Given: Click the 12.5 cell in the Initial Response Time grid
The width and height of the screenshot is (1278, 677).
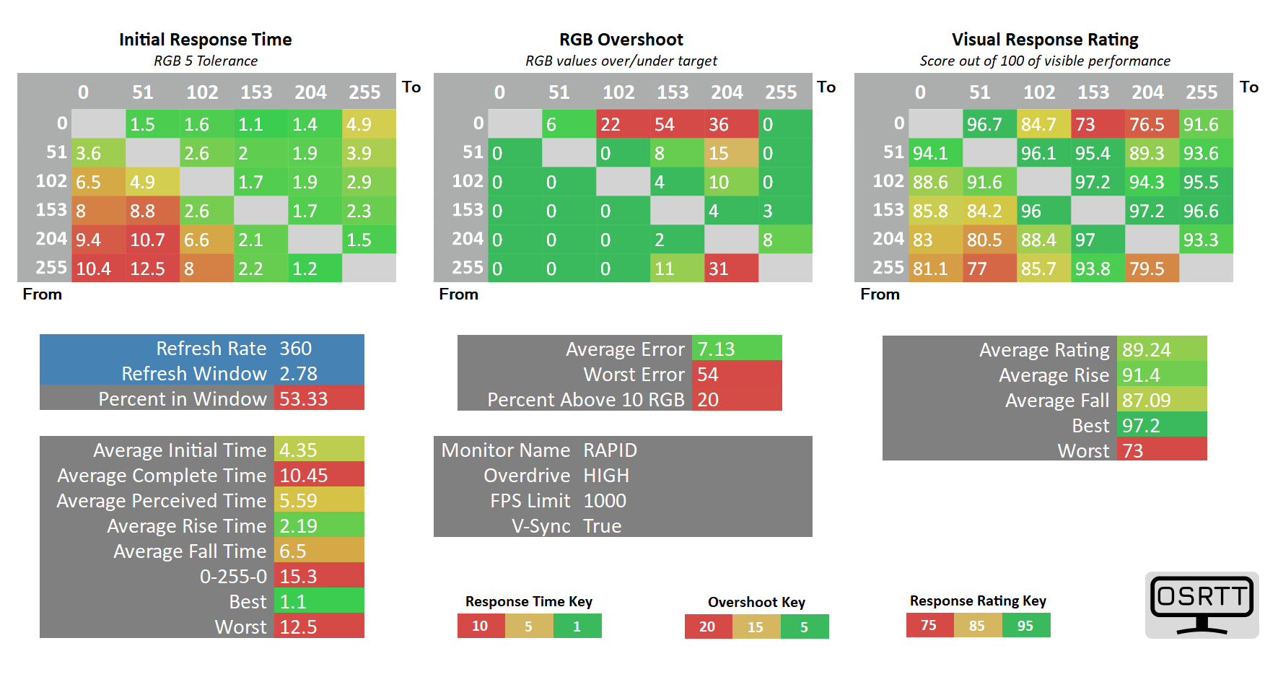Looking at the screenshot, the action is [152, 268].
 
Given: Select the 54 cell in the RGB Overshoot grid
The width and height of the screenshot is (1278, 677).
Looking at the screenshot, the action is [677, 123].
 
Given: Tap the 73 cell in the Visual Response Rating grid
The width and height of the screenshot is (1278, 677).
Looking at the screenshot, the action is [1098, 123].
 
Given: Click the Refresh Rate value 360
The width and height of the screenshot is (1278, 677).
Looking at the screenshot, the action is [296, 348].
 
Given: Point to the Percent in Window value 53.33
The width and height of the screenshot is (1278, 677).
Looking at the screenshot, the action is [304, 398].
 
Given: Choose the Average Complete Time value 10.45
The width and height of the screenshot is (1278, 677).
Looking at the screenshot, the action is [304, 475].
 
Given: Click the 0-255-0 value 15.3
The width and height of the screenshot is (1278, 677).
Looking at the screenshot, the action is [298, 576].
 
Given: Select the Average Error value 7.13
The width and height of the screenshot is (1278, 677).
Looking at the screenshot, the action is [716, 349].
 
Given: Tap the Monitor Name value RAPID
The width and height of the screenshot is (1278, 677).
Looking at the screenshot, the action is [610, 450].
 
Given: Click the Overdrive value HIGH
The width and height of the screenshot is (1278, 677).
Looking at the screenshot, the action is [606, 475].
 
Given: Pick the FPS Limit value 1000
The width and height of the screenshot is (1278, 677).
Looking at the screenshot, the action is [605, 500].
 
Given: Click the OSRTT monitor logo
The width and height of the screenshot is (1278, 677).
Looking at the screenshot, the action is [1202, 605].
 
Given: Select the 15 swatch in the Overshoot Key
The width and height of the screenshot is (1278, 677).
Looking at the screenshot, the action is [756, 626].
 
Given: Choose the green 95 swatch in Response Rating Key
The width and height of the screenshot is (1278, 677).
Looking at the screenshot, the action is [1026, 625].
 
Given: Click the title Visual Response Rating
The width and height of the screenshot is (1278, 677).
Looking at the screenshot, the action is [1045, 39].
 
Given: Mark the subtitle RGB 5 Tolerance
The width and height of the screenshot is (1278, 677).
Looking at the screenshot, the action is [206, 61].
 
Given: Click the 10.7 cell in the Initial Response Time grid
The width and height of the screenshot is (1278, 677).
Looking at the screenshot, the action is [152, 239].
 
